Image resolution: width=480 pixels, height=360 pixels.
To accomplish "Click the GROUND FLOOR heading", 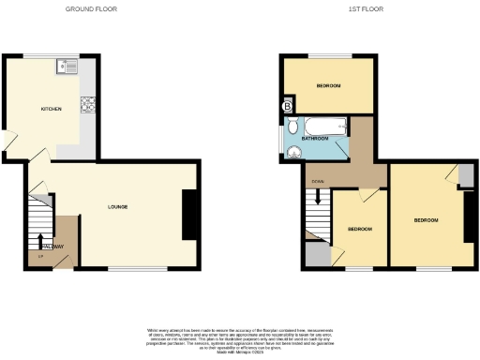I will [90, 9].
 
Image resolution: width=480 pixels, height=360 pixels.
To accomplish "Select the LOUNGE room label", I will [117, 206].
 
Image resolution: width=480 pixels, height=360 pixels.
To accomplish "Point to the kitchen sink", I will [68, 66].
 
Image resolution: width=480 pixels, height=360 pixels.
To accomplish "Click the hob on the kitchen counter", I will [90, 105].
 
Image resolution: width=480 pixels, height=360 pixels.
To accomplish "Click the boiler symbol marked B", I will [287, 107].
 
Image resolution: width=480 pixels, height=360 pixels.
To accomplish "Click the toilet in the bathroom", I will [293, 127].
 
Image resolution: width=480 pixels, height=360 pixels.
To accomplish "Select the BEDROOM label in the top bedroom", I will [328, 86].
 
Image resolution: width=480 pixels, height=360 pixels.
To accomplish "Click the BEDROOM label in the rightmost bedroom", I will [427, 220].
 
